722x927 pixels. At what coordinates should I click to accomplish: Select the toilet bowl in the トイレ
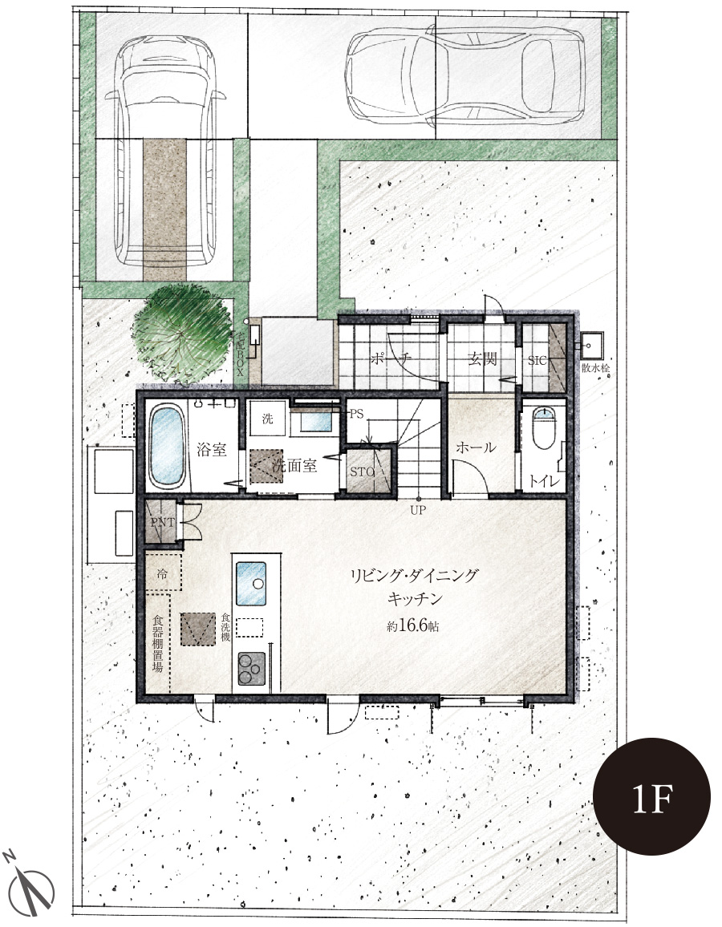[544, 427]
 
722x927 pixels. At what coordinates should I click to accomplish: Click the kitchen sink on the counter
[251, 584]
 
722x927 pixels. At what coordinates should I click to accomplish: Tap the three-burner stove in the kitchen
[252, 669]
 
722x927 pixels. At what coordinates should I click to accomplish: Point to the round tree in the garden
[183, 334]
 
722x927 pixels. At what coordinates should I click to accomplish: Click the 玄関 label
[482, 359]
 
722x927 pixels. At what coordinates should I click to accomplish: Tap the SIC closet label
[537, 360]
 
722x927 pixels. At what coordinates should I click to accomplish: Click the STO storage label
[362, 472]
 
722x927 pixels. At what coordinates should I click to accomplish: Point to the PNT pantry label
[162, 522]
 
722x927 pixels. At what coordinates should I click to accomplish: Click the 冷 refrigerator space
[163, 573]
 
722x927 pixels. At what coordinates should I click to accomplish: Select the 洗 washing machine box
[267, 419]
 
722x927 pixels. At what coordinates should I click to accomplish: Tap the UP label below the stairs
[417, 510]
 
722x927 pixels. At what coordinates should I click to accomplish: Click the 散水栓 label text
[595, 368]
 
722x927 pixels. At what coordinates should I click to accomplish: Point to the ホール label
[476, 447]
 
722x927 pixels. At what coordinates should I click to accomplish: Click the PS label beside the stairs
[356, 415]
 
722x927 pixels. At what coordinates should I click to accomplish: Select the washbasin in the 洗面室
[315, 422]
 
